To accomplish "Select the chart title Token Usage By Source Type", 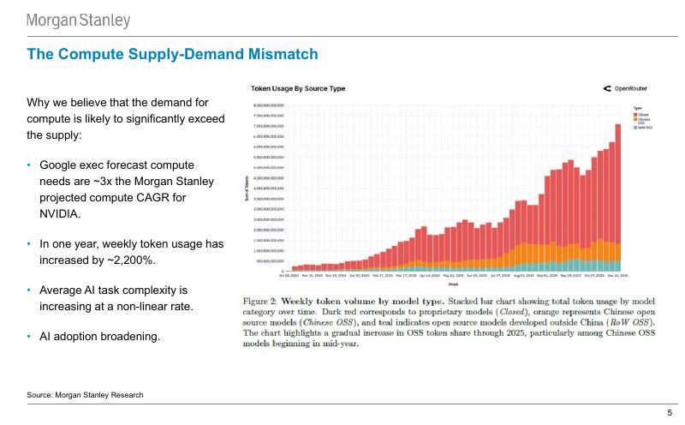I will coord(297,88).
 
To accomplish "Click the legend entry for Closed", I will coord(641,113).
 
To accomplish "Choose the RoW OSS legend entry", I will coord(643,128).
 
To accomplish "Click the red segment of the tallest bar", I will coord(618,180).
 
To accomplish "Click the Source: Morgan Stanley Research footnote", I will coord(85,394).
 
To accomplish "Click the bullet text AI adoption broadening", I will coord(99,336).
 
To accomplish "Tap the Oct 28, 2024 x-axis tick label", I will coord(288,276).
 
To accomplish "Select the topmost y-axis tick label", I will coord(265,105).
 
